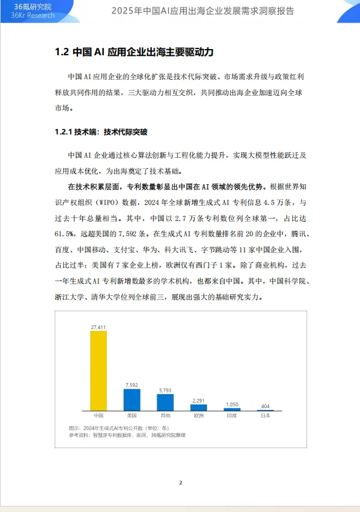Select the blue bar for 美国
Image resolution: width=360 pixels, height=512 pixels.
tap(131, 400)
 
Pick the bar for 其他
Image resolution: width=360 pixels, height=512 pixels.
tap(165, 402)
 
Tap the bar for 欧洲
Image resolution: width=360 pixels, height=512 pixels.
tap(198, 407)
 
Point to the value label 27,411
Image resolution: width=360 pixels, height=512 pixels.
tap(98, 327)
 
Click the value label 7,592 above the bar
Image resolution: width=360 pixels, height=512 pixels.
tap(131, 385)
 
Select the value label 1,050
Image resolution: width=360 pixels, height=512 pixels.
tap(232, 405)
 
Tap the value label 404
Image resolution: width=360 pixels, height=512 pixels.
tap(265, 406)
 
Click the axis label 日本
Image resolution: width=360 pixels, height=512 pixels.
tap(265, 416)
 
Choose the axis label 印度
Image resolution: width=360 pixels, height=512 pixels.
tap(232, 416)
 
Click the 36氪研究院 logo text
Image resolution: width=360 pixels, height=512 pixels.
tap(34, 6)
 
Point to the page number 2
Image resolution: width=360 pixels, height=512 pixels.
tap(181, 483)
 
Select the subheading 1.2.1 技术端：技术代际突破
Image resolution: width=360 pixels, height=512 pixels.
tap(101, 131)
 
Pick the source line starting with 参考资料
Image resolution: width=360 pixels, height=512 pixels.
tap(127, 435)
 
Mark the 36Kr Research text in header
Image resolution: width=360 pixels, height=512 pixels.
tap(33, 16)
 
